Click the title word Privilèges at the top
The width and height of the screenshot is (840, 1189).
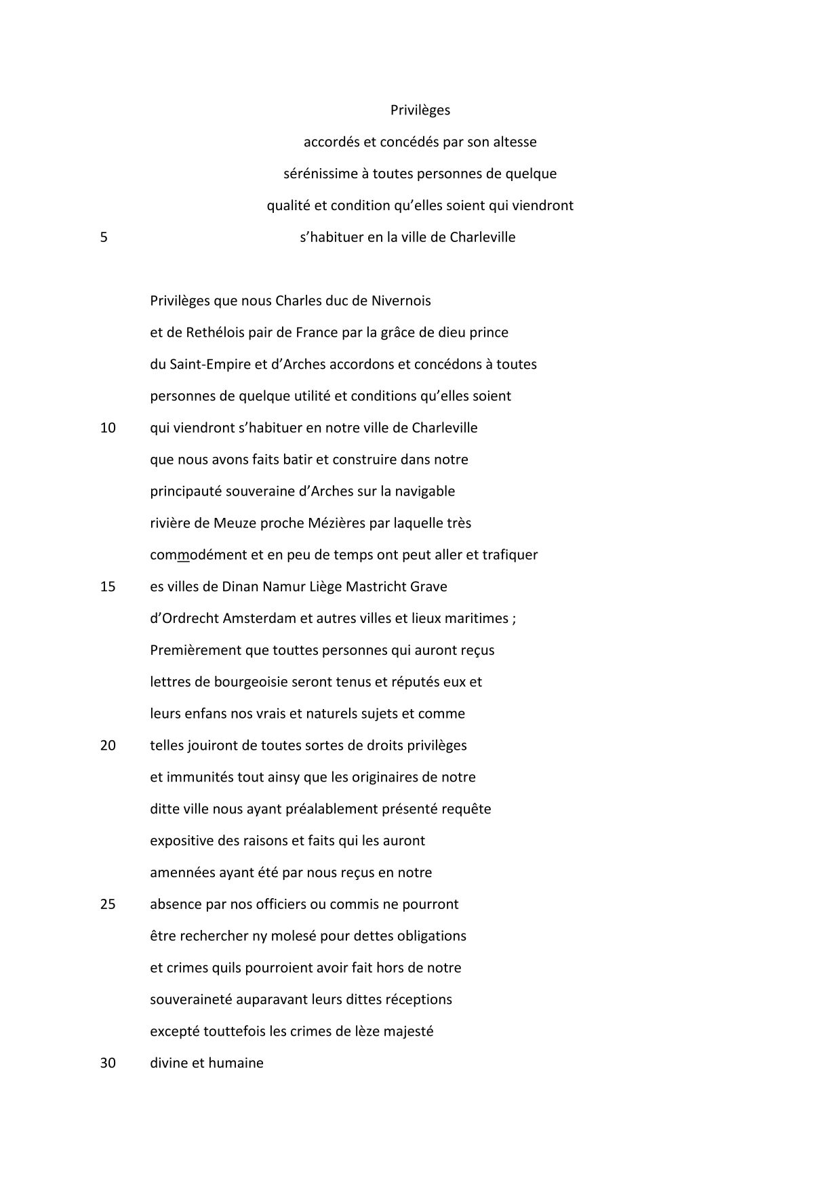(x=420, y=110)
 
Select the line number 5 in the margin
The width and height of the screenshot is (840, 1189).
(x=104, y=238)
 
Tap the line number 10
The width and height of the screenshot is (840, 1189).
(x=108, y=428)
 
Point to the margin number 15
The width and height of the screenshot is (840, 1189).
(x=108, y=587)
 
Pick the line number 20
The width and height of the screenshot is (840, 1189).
(x=108, y=746)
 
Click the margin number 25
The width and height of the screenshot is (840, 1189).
(x=108, y=904)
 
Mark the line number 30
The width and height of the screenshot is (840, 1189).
(x=108, y=1063)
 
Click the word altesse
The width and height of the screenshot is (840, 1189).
(x=513, y=142)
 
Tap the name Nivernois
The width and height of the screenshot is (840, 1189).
(x=401, y=300)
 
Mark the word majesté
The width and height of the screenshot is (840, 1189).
(x=408, y=1032)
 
